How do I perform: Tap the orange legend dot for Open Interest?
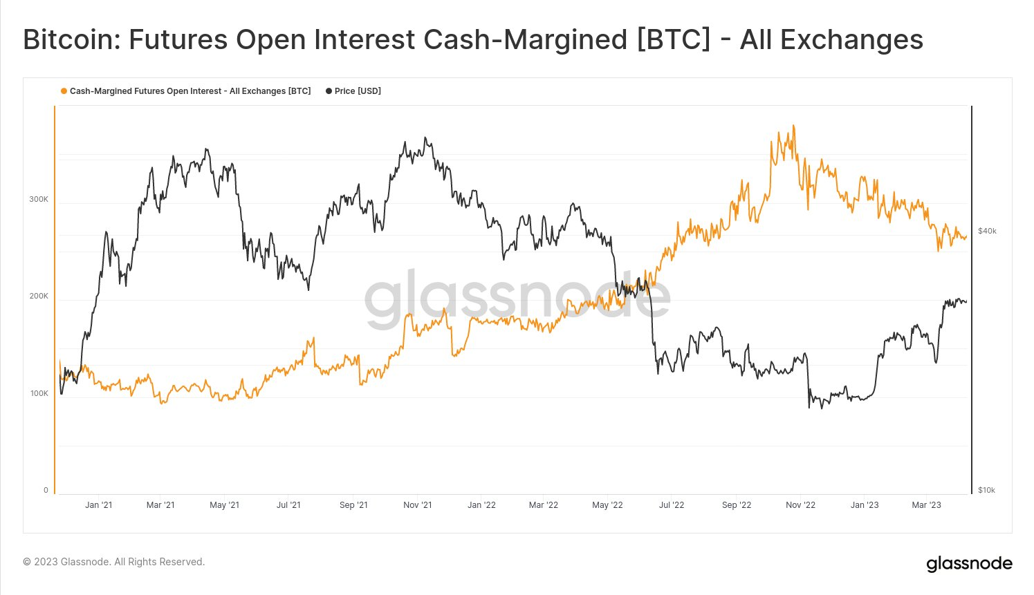click(64, 91)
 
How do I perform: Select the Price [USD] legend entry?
click(357, 91)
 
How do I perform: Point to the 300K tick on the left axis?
click(39, 199)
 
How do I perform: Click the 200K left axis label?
click(39, 296)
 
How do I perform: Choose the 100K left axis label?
click(39, 393)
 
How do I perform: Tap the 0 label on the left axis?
click(46, 490)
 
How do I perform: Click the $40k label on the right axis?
click(987, 231)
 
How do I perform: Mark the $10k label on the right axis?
click(986, 490)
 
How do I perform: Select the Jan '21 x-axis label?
click(98, 505)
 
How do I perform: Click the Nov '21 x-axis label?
click(417, 505)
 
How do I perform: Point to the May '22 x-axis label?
click(608, 505)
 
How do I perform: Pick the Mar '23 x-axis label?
click(926, 505)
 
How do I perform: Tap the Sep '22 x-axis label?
click(736, 505)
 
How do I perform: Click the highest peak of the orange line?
click(793, 126)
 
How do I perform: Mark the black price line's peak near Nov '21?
click(425, 138)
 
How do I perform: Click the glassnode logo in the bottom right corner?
click(969, 564)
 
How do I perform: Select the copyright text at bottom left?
click(114, 562)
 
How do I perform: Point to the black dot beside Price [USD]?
click(329, 91)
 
